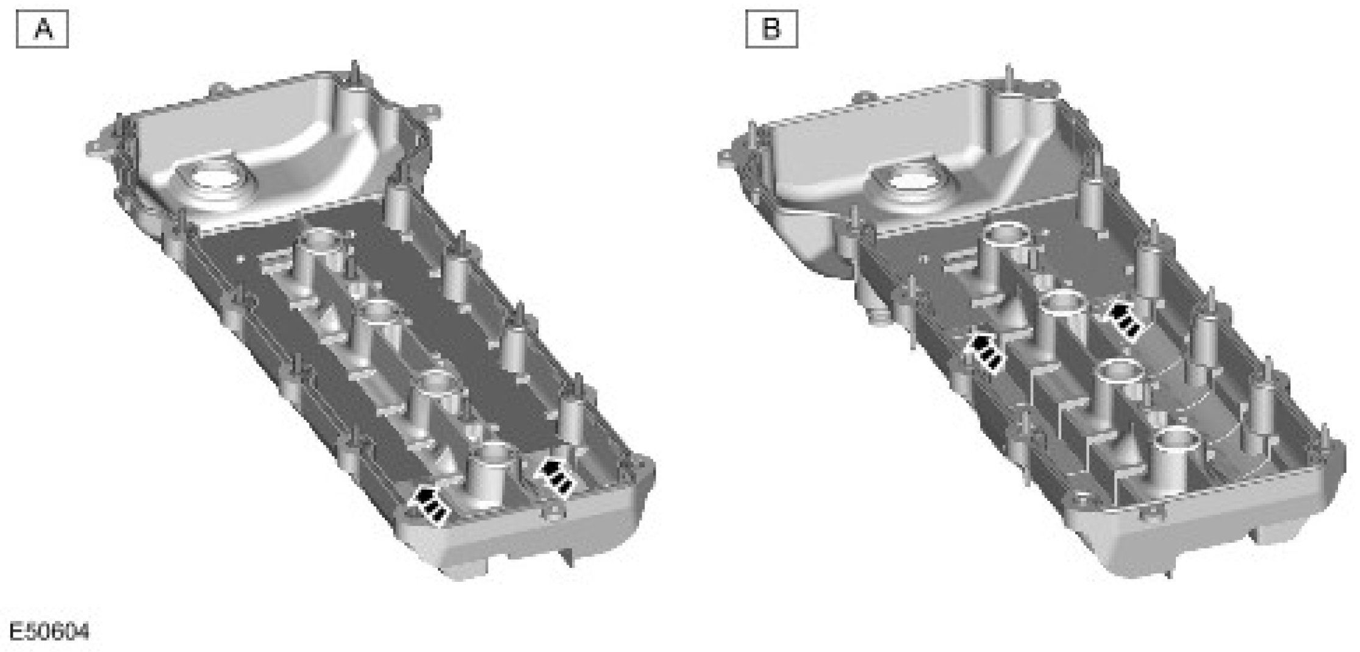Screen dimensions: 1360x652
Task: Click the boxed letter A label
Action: pyautogui.click(x=42, y=29)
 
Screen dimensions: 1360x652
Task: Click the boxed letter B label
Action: pyautogui.click(x=771, y=29)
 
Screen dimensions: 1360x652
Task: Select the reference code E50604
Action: pyautogui.click(x=49, y=631)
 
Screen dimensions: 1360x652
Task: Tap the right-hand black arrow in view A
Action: pyautogui.click(x=554, y=477)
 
